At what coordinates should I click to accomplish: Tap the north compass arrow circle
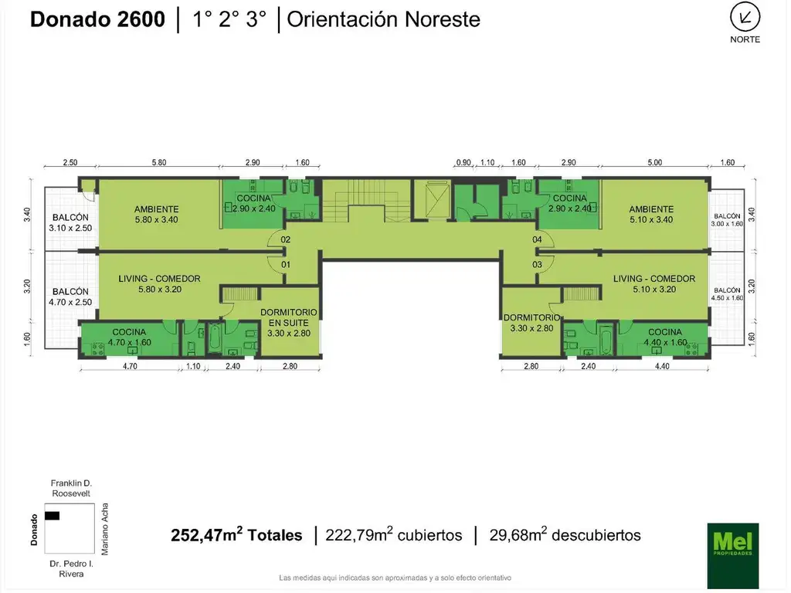(x=745, y=17)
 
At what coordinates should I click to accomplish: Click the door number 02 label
(x=286, y=240)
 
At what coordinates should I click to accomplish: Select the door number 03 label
(x=537, y=265)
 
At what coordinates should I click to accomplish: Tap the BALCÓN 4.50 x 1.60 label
(x=727, y=294)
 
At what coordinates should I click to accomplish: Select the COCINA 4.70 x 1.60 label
(x=129, y=337)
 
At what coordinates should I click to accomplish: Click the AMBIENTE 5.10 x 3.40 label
(x=651, y=214)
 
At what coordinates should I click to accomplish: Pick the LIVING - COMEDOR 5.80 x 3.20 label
(x=160, y=284)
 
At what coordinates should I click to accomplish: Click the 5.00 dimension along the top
(x=654, y=163)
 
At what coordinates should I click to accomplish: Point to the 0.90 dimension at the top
(x=463, y=163)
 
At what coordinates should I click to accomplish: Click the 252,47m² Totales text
(x=236, y=535)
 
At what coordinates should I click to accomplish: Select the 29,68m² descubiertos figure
(x=565, y=535)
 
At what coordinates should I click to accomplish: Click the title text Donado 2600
(x=97, y=19)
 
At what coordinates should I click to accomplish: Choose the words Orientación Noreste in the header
(x=383, y=19)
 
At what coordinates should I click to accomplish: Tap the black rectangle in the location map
(x=53, y=515)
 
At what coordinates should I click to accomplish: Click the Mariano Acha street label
(x=106, y=529)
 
